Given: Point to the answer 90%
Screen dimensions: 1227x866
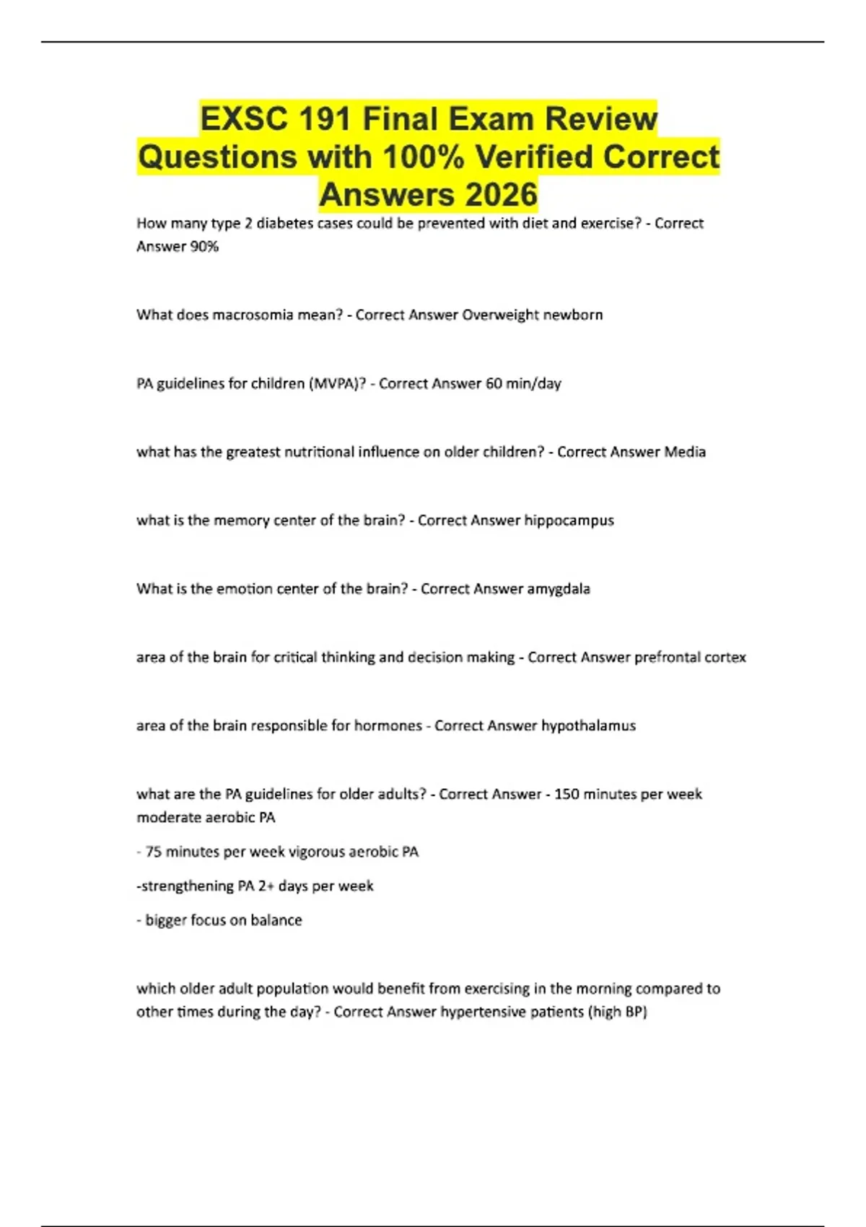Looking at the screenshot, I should point(204,247).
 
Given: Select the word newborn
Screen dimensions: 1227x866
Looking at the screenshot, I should point(574,315).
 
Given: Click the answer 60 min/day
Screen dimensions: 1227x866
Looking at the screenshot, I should point(523,383).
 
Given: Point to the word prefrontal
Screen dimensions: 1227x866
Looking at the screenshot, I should point(665,658).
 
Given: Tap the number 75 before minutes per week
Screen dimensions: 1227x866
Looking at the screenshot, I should point(153,852).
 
